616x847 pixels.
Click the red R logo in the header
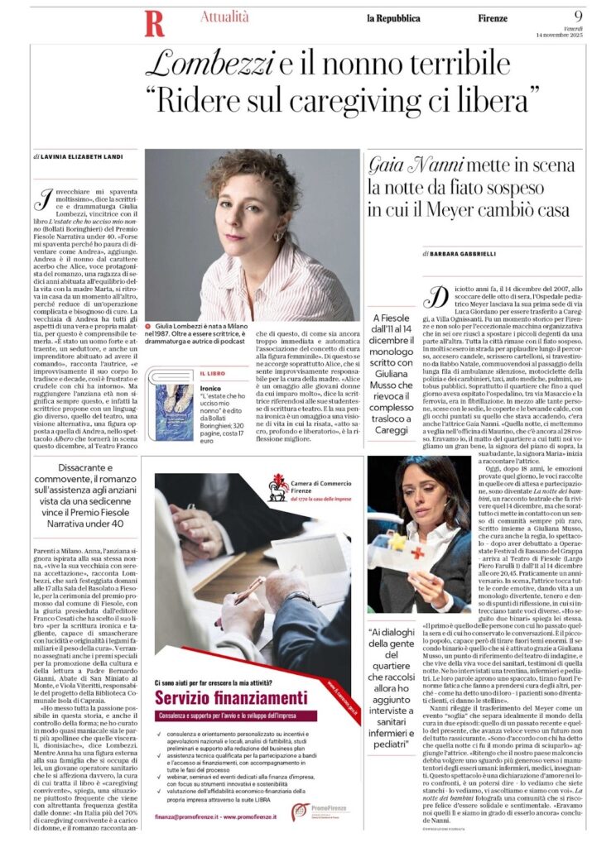coord(153,23)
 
